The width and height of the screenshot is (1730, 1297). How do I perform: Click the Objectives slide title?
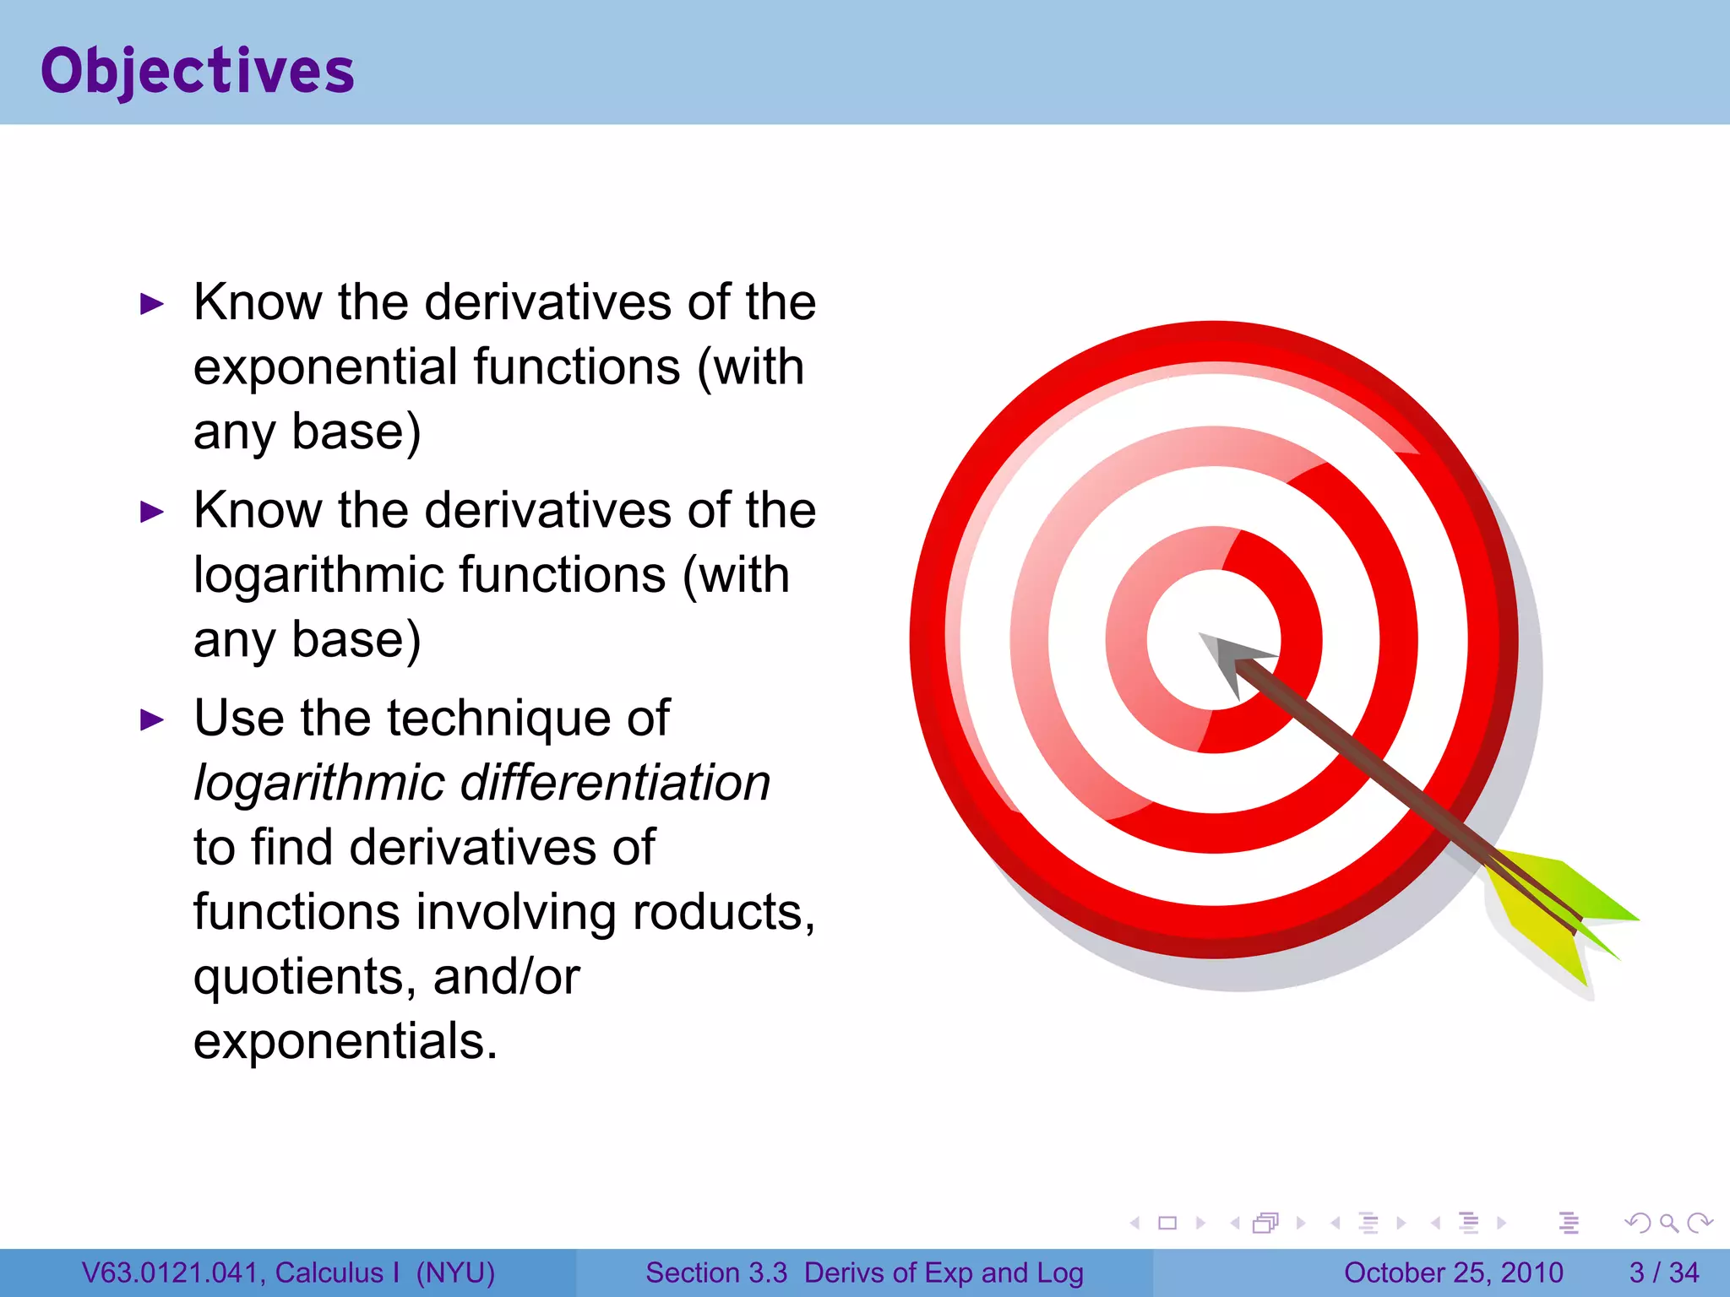coord(198,71)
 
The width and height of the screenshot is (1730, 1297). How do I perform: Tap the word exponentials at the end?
coord(345,1041)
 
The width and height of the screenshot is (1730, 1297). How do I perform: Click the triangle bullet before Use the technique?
coord(152,720)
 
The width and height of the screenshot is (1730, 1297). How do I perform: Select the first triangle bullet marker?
coord(152,304)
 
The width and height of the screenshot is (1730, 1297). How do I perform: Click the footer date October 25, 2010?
coord(1453,1273)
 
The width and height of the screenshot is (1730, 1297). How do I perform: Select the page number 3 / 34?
coord(1663,1273)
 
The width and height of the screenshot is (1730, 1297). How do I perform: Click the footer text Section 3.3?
coord(716,1273)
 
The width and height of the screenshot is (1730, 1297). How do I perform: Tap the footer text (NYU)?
coord(455,1273)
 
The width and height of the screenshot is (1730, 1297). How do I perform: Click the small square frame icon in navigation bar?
coord(1167,1223)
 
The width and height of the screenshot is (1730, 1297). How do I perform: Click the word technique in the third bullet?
coord(498,719)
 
